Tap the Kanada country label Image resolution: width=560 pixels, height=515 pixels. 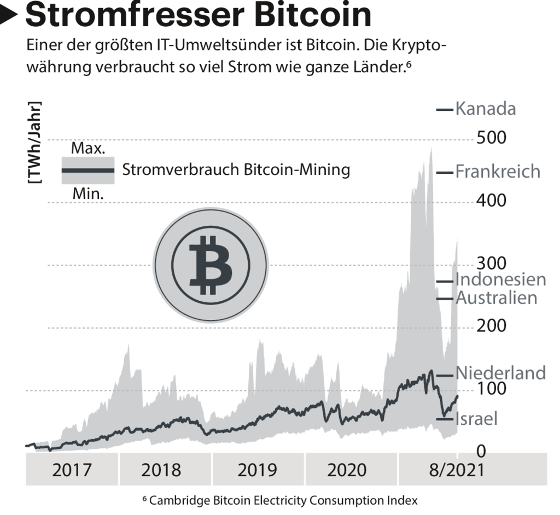[x=486, y=109]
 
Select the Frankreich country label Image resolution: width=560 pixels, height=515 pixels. [x=498, y=172]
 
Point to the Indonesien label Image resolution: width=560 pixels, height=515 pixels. [x=501, y=279]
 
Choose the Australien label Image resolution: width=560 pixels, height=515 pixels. [x=497, y=298]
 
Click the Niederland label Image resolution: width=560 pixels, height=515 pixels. [x=500, y=373]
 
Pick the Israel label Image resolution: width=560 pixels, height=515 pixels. [x=476, y=419]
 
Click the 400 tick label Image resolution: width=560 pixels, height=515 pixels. [x=491, y=200]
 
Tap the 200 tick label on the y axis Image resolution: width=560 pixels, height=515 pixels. [x=491, y=326]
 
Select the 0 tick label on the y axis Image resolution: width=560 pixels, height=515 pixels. [x=481, y=452]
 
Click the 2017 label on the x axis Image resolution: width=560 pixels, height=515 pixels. [x=72, y=470]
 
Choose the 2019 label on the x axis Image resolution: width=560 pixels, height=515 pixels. [x=258, y=470]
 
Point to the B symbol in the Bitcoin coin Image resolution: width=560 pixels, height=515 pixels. [x=211, y=265]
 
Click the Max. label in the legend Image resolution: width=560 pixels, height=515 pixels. [x=88, y=148]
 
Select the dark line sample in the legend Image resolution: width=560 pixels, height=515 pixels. [x=87, y=170]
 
